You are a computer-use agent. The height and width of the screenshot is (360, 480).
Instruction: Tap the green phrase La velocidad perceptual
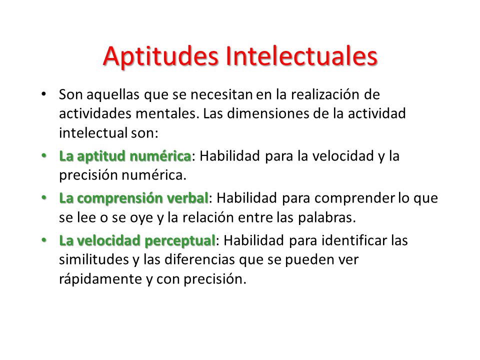click(x=137, y=240)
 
